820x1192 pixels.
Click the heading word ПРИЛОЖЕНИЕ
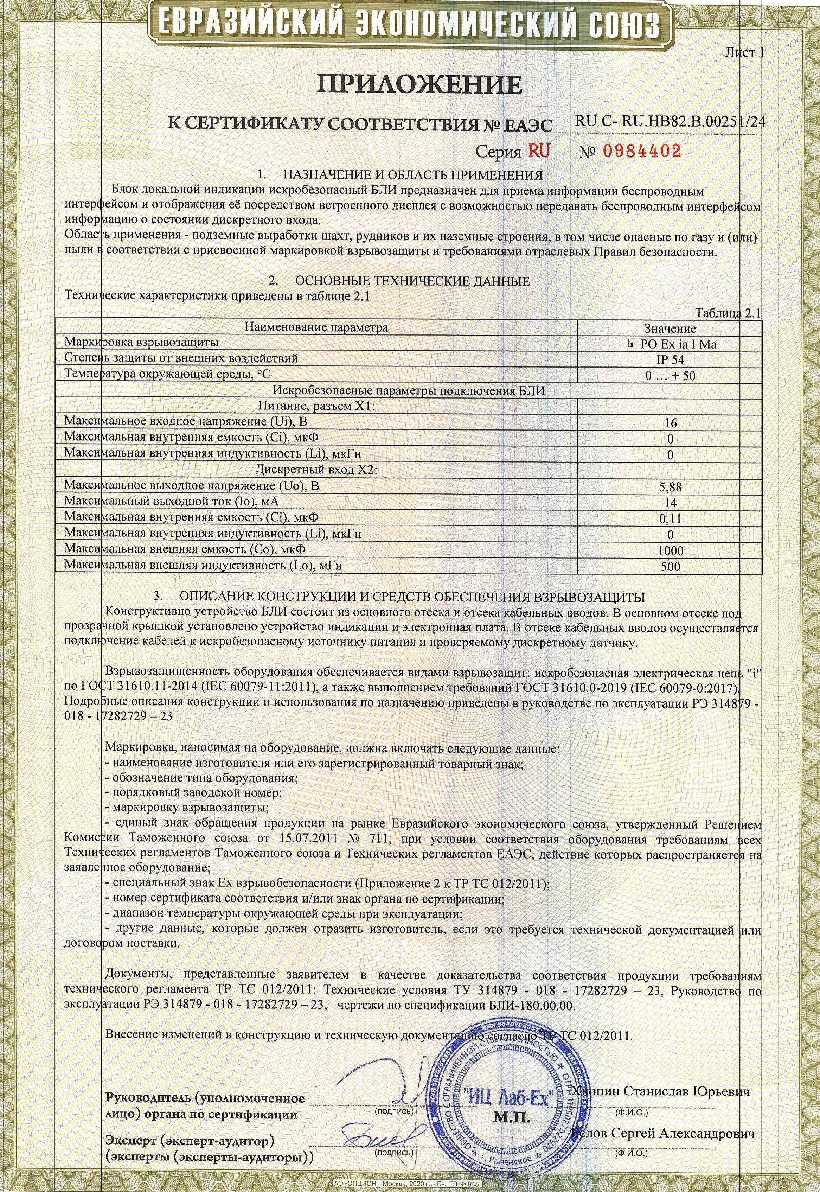[419, 84]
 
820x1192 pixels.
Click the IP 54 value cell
[670, 360]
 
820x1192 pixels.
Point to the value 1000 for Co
[670, 551]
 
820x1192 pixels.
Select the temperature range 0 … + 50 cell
[670, 376]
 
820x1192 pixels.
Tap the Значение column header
[670, 328]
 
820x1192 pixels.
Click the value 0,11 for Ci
[670, 519]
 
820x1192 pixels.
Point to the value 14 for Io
[670, 503]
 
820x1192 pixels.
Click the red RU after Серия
[537, 151]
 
